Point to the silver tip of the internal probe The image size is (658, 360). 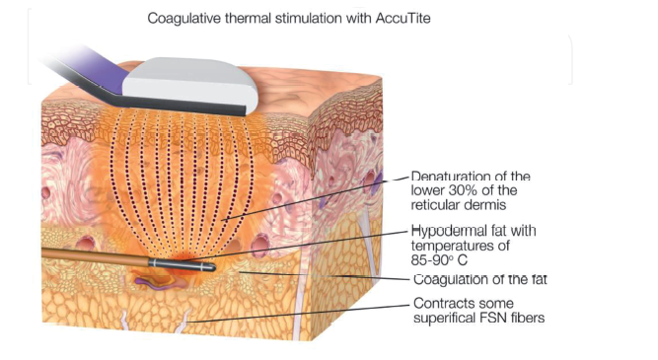coord(183,265)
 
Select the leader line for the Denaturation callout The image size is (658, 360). coord(316,197)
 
